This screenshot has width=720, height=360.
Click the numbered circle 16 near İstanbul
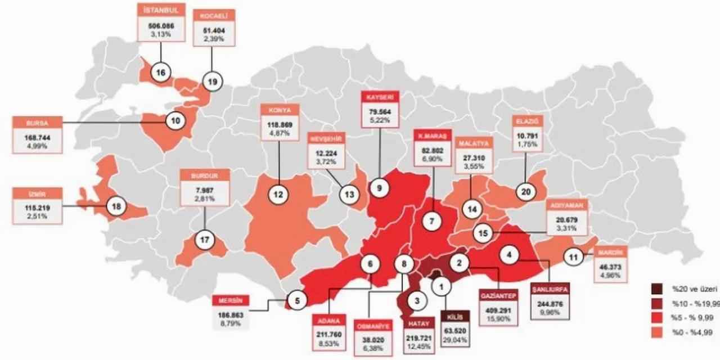[x=161, y=73]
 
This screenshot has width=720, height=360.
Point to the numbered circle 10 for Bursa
[x=175, y=119]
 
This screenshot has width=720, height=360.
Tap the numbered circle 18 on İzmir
[x=117, y=207]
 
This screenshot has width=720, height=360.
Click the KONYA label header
[x=280, y=110]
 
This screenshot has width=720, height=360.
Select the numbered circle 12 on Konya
[x=278, y=195]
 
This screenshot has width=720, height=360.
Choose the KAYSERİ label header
[x=379, y=97]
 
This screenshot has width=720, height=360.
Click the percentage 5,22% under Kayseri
[x=379, y=120]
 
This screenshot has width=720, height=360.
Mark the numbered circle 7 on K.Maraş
[x=432, y=221]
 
